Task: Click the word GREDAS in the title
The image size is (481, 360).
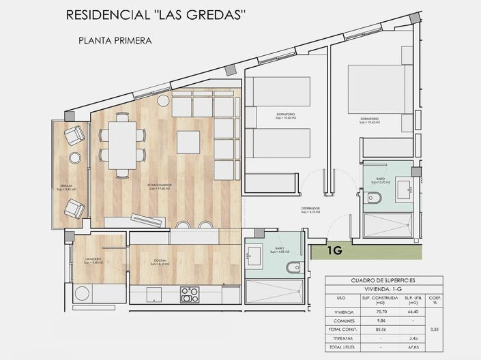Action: pyautogui.click(x=215, y=15)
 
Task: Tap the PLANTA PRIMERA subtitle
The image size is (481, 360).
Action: pyautogui.click(x=115, y=40)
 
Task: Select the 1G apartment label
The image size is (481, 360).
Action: pyautogui.click(x=334, y=251)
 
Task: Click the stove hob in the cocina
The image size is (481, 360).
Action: pyautogui.click(x=189, y=295)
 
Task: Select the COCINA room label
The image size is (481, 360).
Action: pyautogui.click(x=160, y=260)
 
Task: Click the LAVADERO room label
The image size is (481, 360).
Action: pyautogui.click(x=94, y=260)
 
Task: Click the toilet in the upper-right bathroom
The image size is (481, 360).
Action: pyautogui.click(x=374, y=198)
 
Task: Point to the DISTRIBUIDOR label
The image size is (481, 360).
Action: pyautogui.click(x=310, y=209)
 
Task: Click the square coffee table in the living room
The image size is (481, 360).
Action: pyautogui.click(x=188, y=142)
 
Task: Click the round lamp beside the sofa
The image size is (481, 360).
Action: pyautogui.click(x=164, y=101)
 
